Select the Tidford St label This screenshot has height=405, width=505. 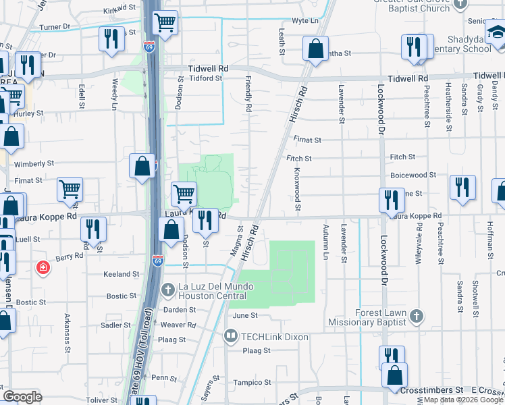coord(205,78)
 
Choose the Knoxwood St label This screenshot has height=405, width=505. coord(296,189)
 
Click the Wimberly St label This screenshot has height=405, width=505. coord(34,163)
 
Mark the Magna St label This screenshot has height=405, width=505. coord(240,240)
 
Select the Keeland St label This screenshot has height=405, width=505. coord(121,275)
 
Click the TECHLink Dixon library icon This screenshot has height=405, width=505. coord(230,336)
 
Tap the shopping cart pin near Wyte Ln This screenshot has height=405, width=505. coord(165,23)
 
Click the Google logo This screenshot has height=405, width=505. coord(22,397)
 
